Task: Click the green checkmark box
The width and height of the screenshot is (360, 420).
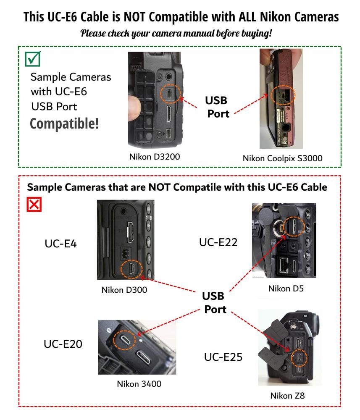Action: click(33, 59)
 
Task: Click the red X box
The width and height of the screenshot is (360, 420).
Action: click(34, 205)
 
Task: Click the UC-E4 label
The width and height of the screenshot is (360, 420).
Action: click(60, 244)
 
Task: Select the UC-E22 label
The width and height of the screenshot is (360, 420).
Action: click(218, 242)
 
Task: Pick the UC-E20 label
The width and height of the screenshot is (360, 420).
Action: click(63, 344)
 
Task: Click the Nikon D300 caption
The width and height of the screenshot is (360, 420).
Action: click(124, 290)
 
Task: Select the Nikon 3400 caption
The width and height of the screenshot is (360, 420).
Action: click(139, 384)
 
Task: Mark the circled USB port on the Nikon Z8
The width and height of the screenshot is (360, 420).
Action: click(299, 357)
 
